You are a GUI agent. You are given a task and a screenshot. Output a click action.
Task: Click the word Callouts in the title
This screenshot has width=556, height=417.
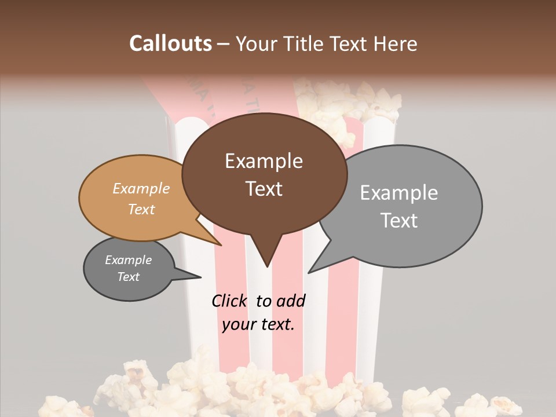pyautogui.click(x=170, y=43)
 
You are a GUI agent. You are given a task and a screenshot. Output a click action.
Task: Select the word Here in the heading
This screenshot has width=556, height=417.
pyautogui.click(x=396, y=43)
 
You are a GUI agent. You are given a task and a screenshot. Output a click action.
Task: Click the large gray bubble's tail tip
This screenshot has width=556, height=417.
pyautogui.click(x=309, y=272)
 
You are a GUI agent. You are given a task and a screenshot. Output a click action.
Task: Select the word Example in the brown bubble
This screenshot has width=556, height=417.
pyautogui.click(x=264, y=161)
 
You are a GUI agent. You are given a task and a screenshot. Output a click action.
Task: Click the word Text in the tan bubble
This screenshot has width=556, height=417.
pyautogui.click(x=141, y=210)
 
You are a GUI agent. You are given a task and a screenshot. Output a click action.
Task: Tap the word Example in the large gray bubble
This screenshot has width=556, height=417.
pyautogui.click(x=398, y=193)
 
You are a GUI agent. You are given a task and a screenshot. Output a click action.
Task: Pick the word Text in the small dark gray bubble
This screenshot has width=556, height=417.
pyautogui.click(x=128, y=277)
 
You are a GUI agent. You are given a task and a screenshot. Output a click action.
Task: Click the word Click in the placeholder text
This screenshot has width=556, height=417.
pyautogui.click(x=229, y=301)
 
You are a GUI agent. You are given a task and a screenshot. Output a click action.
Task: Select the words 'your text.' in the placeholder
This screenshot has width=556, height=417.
pyautogui.click(x=258, y=324)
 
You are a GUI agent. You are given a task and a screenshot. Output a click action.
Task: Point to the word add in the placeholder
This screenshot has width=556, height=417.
pyautogui.click(x=290, y=301)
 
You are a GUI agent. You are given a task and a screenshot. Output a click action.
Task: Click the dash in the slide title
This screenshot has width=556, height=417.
pyautogui.click(x=224, y=44)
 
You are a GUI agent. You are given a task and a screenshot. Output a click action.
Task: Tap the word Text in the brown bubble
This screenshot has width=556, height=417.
pyautogui.click(x=264, y=189)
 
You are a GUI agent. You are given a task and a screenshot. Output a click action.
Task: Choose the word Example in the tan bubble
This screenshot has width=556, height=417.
pyautogui.click(x=141, y=189)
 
